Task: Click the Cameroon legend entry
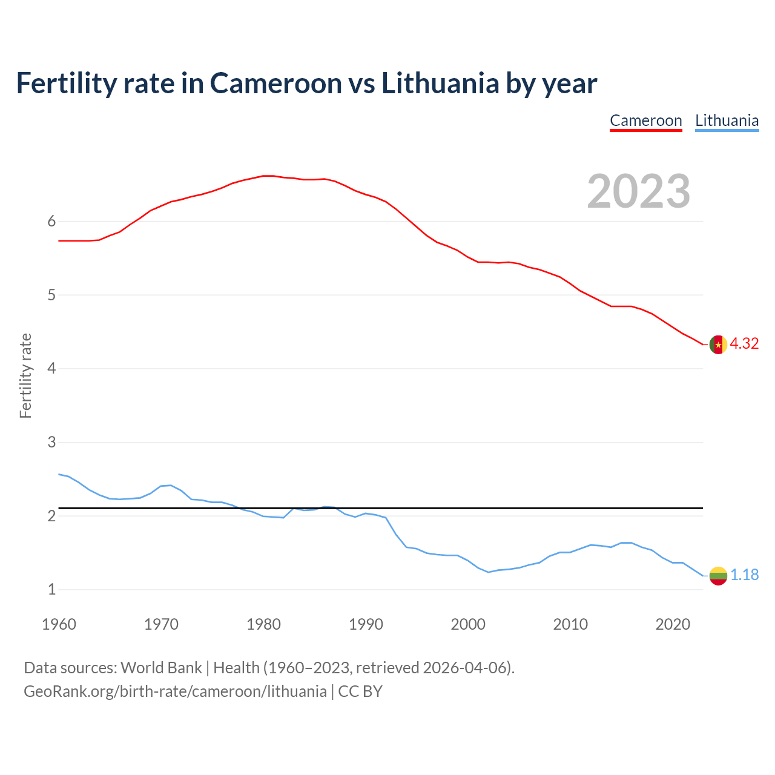(645, 120)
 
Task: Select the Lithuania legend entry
(727, 120)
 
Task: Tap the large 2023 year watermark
(639, 191)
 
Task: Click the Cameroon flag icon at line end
(718, 344)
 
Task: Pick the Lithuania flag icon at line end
(718, 575)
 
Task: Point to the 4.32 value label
(744, 343)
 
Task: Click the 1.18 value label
(744, 575)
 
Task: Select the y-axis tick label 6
(51, 222)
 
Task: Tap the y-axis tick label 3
(51, 443)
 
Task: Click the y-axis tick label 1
(51, 590)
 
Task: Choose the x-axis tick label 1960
(59, 624)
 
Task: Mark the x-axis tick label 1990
(366, 624)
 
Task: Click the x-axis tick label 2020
(673, 624)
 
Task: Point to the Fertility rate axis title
(25, 375)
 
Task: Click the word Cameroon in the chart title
(275, 83)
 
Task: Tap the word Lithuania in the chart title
(440, 83)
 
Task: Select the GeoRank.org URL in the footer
(175, 691)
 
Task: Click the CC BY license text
(360, 691)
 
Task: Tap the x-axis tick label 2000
(468, 624)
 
